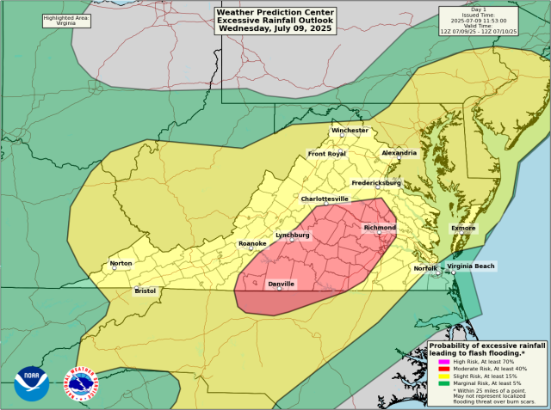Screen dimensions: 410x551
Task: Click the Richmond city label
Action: click(x=380, y=228)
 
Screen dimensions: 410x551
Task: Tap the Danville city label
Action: click(x=281, y=284)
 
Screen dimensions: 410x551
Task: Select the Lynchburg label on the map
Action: click(x=292, y=235)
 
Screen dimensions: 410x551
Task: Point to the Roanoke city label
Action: click(x=252, y=244)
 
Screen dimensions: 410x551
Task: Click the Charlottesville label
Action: click(x=325, y=199)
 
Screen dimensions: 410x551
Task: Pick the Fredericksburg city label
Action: click(x=376, y=183)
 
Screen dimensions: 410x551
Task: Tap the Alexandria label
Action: click(x=399, y=153)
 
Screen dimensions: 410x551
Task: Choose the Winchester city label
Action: click(x=350, y=131)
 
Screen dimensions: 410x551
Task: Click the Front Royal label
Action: click(x=326, y=154)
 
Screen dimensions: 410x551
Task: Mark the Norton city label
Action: click(x=121, y=264)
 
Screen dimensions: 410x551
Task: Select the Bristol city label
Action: click(x=145, y=291)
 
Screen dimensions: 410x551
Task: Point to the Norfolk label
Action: click(x=425, y=268)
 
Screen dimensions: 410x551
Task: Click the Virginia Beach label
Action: click(x=471, y=266)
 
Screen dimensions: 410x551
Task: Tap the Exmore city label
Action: click(x=463, y=228)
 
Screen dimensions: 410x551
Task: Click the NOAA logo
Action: click(x=32, y=383)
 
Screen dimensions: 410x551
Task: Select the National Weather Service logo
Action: click(x=82, y=383)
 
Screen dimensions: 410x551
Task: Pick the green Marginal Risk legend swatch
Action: click(x=444, y=383)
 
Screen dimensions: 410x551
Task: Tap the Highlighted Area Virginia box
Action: click(x=67, y=21)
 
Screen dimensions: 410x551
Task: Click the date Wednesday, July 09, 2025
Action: click(x=275, y=28)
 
